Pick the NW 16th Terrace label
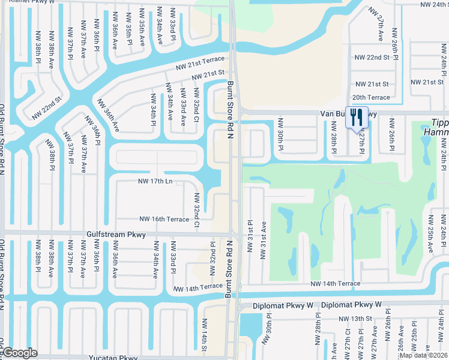(164, 220)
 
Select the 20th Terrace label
(371, 97)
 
